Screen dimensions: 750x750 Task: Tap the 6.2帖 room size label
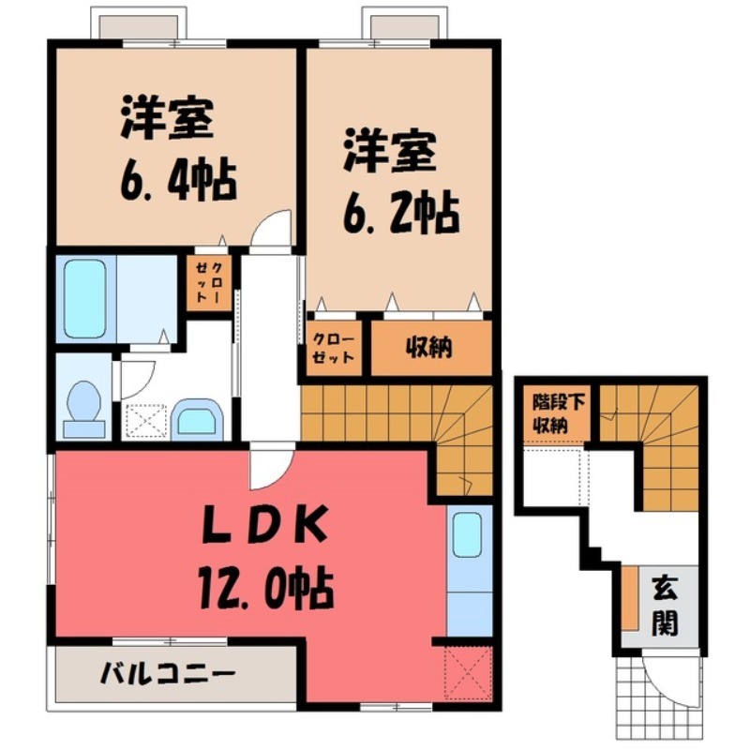[x=400, y=213]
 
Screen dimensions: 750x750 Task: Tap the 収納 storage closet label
[x=429, y=348]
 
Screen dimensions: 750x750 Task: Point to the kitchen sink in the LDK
[x=467, y=535]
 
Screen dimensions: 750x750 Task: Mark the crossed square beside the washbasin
[x=145, y=420]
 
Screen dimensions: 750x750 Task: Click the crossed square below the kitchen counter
[x=467, y=670]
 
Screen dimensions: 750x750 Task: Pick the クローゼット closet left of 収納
[x=333, y=348]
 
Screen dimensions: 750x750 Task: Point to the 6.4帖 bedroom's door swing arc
[x=273, y=229]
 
